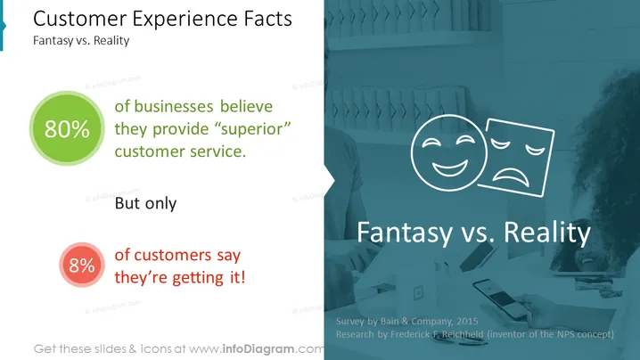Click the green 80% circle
pyautogui.click(x=67, y=128)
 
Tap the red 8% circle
pyautogui.click(x=82, y=265)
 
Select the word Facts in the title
pyautogui.click(x=267, y=19)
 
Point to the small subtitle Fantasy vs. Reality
pyautogui.click(x=81, y=40)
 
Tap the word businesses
pyautogui.click(x=174, y=107)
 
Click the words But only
pyautogui.click(x=145, y=203)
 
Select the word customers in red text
pyautogui.click(x=172, y=255)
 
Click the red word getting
pyautogui.click(x=198, y=278)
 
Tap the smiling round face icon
pyautogui.click(x=449, y=152)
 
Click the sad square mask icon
pyautogui.click(x=517, y=158)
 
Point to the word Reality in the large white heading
pyautogui.click(x=547, y=233)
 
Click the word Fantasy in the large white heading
pyautogui.click(x=405, y=233)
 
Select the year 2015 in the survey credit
pyautogui.click(x=467, y=321)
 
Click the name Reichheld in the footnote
pyautogui.click(x=463, y=334)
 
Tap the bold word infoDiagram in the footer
pyautogui.click(x=258, y=349)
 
